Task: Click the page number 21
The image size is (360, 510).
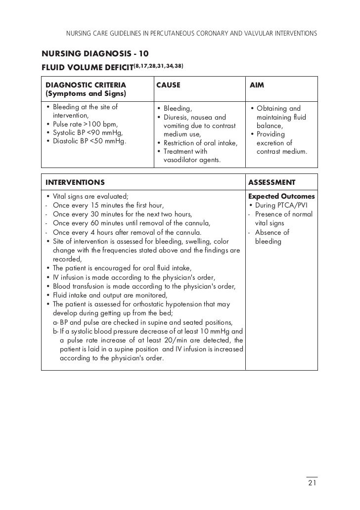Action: click(x=312, y=483)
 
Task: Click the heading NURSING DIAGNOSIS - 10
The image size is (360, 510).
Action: click(x=95, y=53)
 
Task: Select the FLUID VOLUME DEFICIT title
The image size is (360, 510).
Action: click(x=87, y=67)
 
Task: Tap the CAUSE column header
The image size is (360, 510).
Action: click(x=168, y=85)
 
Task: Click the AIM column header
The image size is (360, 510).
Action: click(x=257, y=85)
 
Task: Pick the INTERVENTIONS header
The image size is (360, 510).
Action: click(x=75, y=182)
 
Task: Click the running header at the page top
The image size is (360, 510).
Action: click(x=191, y=34)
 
